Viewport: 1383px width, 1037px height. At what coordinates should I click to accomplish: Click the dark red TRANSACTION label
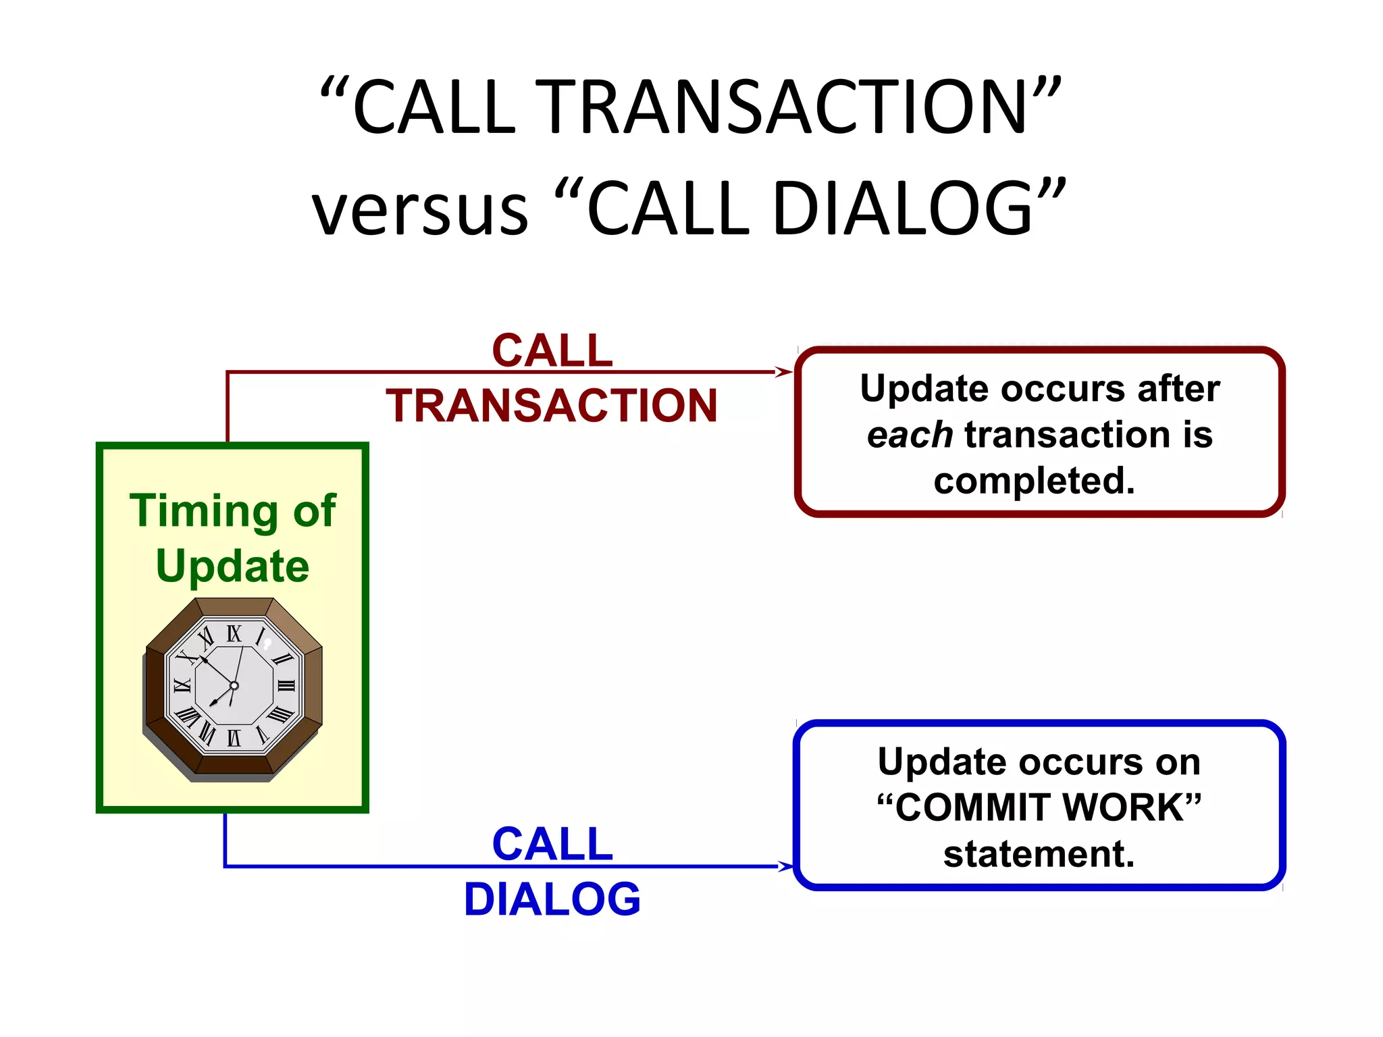tap(551, 406)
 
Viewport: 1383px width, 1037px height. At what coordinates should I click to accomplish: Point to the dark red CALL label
tap(552, 351)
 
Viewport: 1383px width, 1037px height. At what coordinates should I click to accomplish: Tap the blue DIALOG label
tap(552, 899)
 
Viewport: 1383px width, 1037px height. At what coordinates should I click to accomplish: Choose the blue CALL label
tap(552, 844)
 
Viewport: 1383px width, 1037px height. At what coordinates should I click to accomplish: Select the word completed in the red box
tap(1034, 481)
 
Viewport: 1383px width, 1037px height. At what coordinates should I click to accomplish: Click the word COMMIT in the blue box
tap(972, 807)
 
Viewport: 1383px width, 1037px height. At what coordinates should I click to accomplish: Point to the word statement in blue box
tap(1039, 854)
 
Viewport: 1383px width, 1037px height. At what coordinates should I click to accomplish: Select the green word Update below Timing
tap(232, 566)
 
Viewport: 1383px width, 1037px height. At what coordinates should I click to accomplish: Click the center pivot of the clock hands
tap(234, 686)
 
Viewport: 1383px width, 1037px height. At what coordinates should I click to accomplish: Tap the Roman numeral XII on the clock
tap(234, 634)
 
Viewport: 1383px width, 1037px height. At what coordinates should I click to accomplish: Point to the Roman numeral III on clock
tap(286, 686)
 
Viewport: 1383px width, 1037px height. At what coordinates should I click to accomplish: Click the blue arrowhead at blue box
tap(785, 866)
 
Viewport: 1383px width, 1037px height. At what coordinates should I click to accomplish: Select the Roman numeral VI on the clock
tap(234, 738)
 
